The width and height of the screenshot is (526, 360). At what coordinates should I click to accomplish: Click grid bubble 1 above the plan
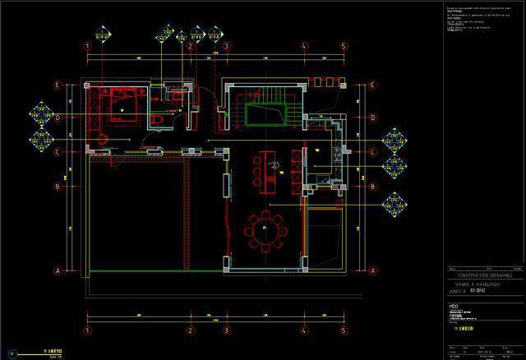pyautogui.click(x=86, y=46)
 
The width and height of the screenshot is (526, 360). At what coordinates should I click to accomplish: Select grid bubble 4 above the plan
pyautogui.click(x=304, y=46)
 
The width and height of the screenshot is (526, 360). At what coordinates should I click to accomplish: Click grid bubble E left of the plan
pyautogui.click(x=58, y=85)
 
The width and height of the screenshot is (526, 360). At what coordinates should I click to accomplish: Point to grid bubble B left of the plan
pyautogui.click(x=58, y=186)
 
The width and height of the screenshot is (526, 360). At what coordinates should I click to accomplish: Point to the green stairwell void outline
pyautogui.click(x=265, y=113)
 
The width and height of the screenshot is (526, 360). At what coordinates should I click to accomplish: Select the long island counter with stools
pyautogui.click(x=267, y=171)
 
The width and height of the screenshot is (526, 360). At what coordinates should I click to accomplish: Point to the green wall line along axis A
pyautogui.click(x=155, y=270)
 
